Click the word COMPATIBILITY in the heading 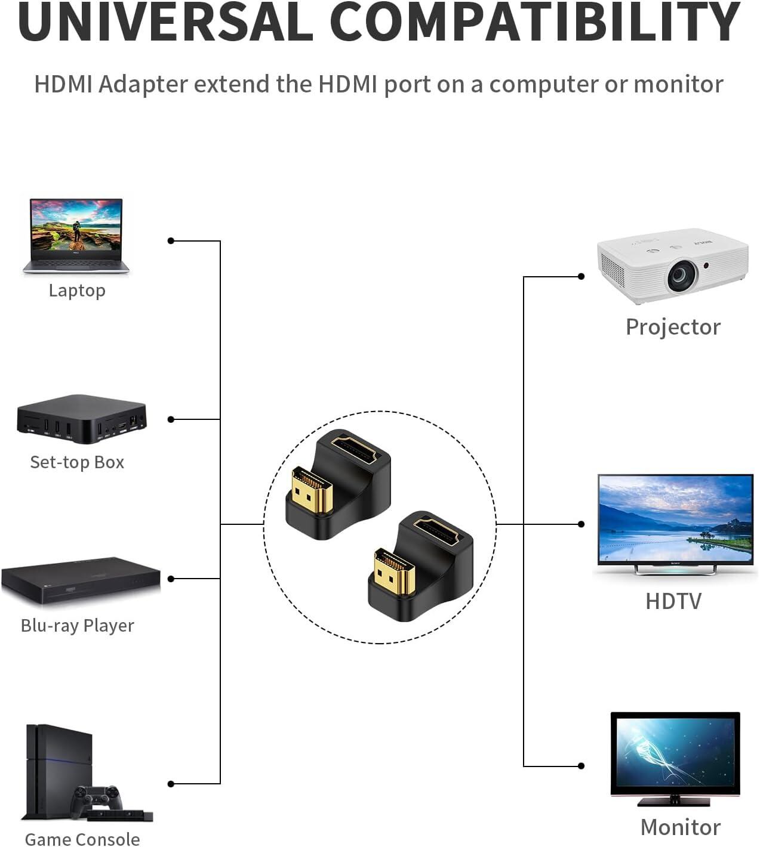[534, 22]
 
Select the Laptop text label [77, 290]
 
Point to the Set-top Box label [77, 462]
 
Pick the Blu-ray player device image [81, 582]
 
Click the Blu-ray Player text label [77, 626]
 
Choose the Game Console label [82, 839]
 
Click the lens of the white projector [682, 274]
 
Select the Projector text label [673, 327]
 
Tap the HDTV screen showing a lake [675, 520]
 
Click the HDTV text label [673, 601]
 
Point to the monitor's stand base [675, 801]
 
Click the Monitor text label [680, 827]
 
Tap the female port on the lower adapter [436, 532]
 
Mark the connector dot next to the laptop [171, 241]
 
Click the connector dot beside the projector [581, 277]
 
